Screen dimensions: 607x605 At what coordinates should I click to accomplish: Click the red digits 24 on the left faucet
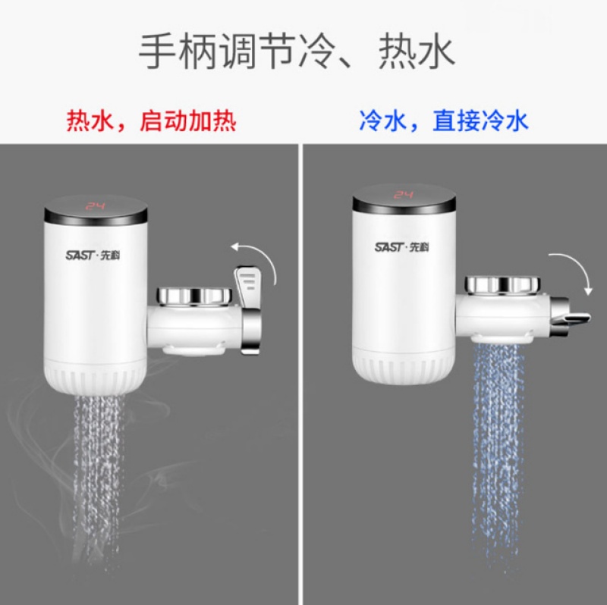point(96,205)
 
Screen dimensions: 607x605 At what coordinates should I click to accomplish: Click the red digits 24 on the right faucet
point(404,194)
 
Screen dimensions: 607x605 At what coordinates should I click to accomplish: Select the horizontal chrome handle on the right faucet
point(571,317)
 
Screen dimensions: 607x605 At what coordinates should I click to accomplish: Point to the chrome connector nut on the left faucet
point(194,296)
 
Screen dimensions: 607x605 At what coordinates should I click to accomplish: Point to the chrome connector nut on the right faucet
point(502,285)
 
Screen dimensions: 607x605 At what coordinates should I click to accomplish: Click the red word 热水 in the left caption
point(90,121)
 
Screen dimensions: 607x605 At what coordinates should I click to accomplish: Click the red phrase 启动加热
point(187,121)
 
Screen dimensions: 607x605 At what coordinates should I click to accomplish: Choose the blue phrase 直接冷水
point(480,121)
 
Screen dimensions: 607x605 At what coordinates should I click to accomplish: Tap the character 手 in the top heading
point(158,51)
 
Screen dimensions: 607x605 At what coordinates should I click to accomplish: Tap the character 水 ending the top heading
point(436,51)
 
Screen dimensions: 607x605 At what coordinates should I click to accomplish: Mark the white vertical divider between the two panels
point(300,374)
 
